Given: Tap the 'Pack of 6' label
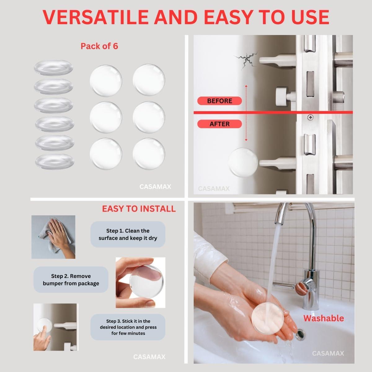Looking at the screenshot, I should click(99, 46).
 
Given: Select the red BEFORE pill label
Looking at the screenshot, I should click(219, 101).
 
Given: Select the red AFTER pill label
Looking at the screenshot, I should click(219, 124).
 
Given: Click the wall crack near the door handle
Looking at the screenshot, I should click(245, 60).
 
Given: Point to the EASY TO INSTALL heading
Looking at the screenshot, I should click(139, 209).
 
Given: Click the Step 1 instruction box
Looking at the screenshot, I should click(128, 234).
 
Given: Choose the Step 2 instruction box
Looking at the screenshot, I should click(71, 280).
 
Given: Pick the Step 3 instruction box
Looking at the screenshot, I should click(128, 327).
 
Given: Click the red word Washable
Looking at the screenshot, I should click(323, 318).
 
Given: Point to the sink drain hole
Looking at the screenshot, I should click(300, 335).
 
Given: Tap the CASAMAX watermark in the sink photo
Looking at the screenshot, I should click(328, 353).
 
